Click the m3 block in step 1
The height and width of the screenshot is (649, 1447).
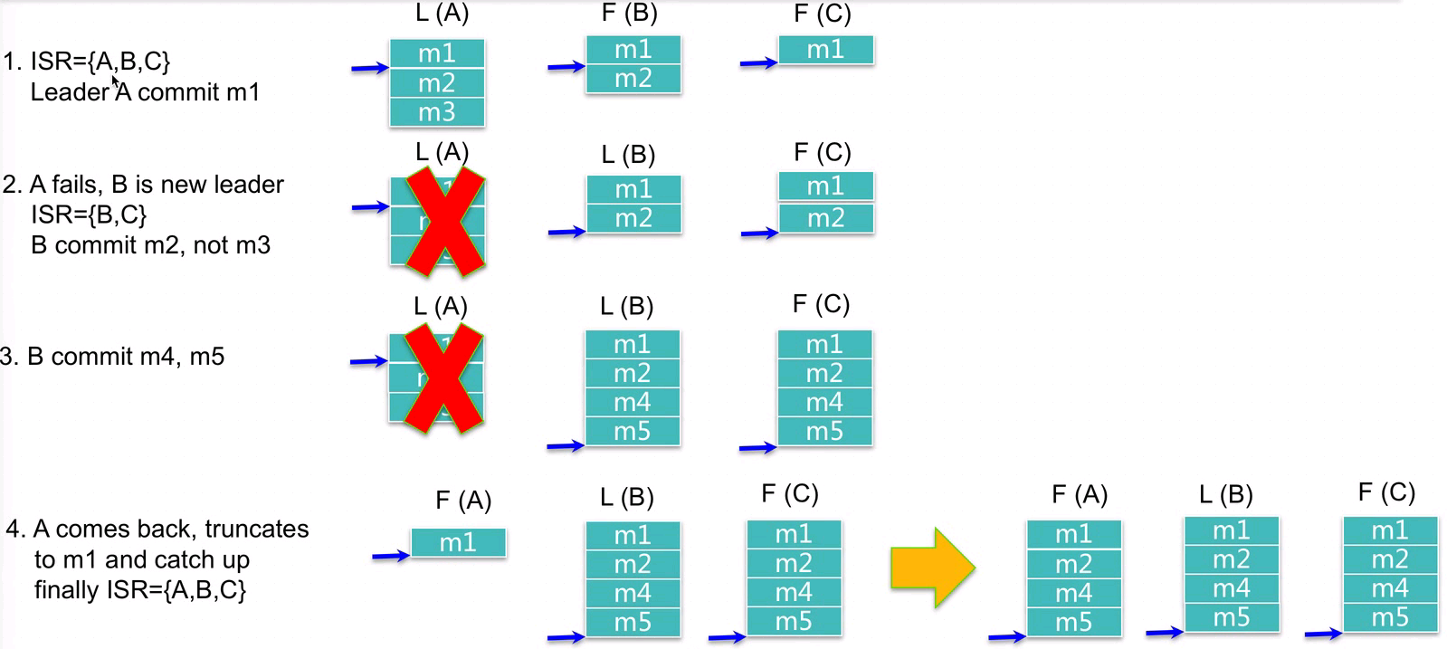(437, 112)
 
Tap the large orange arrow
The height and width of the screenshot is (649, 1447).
(932, 568)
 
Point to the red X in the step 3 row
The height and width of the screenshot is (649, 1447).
(443, 378)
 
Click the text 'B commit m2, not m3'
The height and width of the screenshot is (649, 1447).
(150, 245)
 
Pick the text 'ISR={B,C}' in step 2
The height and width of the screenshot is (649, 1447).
(89, 215)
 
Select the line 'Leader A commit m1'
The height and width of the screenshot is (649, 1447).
(145, 92)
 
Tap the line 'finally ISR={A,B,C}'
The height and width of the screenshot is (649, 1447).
(140, 590)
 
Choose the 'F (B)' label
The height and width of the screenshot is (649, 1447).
(629, 13)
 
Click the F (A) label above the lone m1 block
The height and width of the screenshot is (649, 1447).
(463, 501)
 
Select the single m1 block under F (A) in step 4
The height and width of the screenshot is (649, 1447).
(458, 543)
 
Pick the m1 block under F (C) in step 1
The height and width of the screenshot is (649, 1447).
(825, 50)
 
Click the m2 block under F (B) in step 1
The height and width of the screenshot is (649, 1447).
(633, 79)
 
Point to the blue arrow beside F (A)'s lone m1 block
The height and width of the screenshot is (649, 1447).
(391, 555)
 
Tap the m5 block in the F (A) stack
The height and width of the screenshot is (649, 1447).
(1074, 623)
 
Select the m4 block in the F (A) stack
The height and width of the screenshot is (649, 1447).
(1074, 594)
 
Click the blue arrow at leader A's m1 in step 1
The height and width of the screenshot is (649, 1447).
(369, 68)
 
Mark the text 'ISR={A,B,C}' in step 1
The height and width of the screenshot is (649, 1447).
(100, 62)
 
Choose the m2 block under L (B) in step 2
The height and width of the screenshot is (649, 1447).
(633, 218)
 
